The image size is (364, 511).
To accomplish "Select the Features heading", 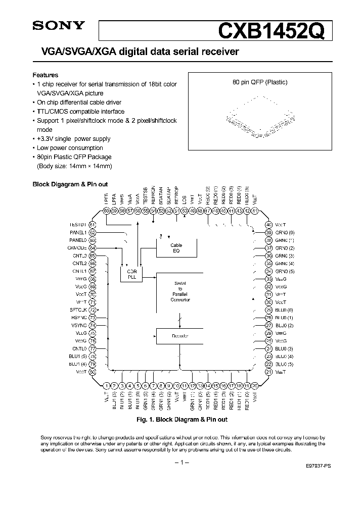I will pos(45,75).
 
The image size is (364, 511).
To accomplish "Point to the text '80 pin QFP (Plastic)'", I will pos(258,82).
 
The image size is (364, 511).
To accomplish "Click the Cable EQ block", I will pos(176,248).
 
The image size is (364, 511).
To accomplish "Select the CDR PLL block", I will pos(131,273).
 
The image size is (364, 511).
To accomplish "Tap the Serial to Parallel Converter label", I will pos(180,292).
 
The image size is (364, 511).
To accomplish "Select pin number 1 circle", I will pos(107,385).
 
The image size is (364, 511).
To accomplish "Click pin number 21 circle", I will pos(269,372).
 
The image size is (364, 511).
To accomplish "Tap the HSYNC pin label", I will pos(78,318).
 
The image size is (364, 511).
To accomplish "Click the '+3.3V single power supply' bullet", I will pos(74,139).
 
